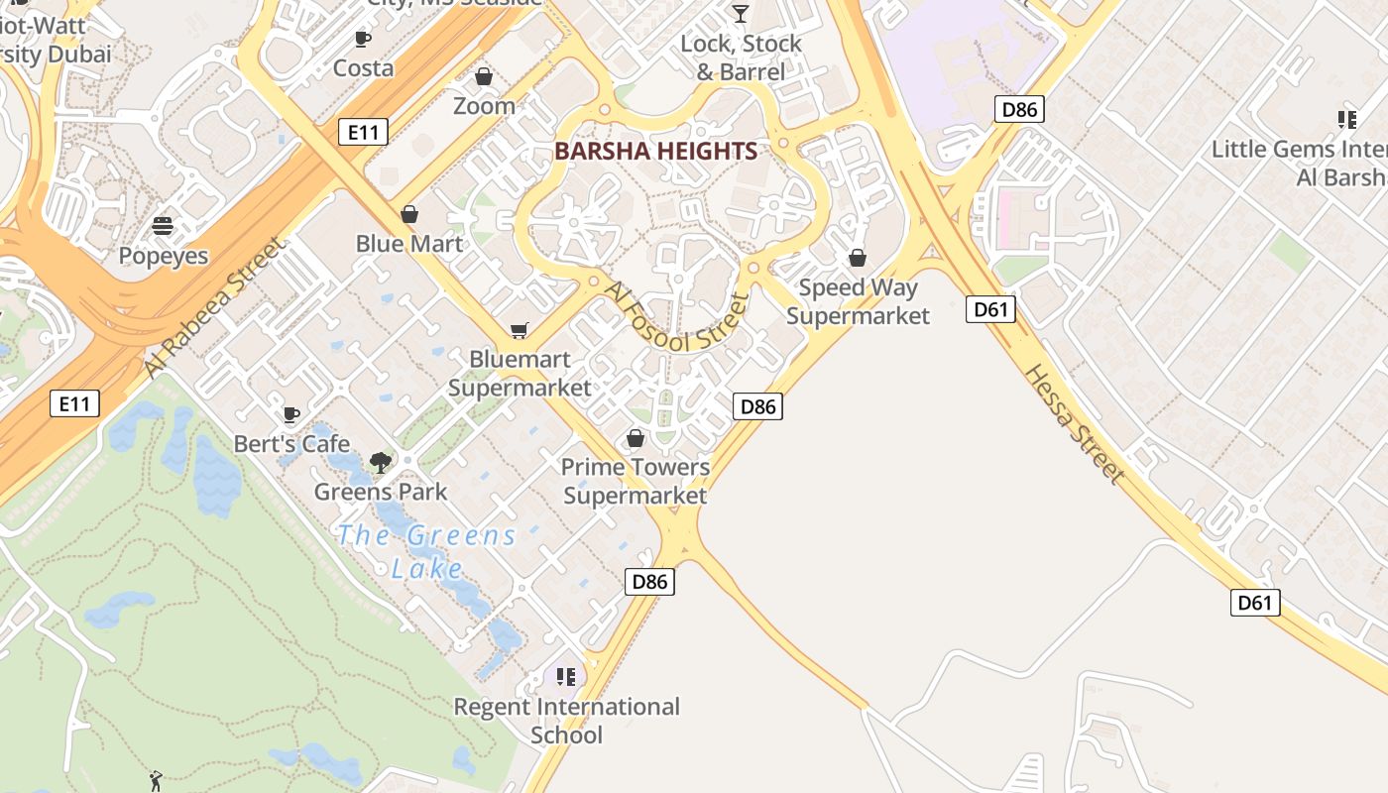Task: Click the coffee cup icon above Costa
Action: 363,39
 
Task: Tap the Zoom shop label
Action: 484,105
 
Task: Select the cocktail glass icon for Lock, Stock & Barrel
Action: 740,13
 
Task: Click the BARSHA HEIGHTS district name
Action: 655,152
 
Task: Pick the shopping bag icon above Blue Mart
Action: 408,214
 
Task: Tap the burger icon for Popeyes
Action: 163,226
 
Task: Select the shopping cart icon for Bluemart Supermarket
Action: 519,330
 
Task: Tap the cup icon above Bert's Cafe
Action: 290,414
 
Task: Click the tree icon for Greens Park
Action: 380,461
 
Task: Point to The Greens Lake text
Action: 426,551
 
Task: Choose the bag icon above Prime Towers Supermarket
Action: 636,437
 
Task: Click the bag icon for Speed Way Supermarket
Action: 858,258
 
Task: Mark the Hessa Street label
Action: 1074,424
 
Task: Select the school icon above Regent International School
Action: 566,677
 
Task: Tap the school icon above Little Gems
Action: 1346,120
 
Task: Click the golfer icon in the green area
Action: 155,781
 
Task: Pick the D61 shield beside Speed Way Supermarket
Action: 990,309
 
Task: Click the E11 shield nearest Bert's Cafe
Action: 74,403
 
